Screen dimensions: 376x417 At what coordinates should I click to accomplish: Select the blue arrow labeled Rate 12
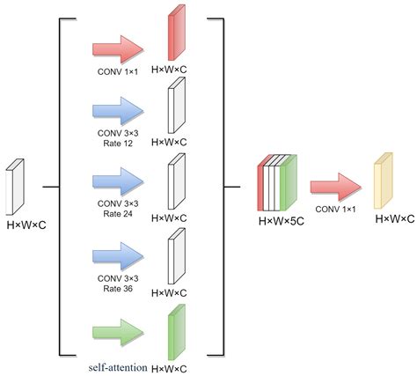tap(117, 110)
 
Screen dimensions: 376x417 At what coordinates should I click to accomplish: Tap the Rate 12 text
tap(117, 143)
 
